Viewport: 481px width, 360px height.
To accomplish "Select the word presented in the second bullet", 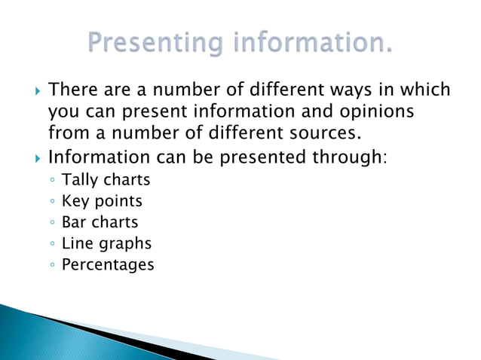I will pyautogui.click(x=244, y=159).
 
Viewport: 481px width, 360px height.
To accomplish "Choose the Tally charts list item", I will pyautogui.click(x=106, y=180).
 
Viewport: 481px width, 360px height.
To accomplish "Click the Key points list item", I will pyautogui.click(x=102, y=201).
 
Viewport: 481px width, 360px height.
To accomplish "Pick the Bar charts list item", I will pyautogui.click(x=100, y=222).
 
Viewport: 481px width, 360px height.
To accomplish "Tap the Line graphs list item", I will pyautogui.click(x=106, y=244).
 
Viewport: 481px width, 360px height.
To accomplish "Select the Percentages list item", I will pyautogui.click(x=108, y=264).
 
